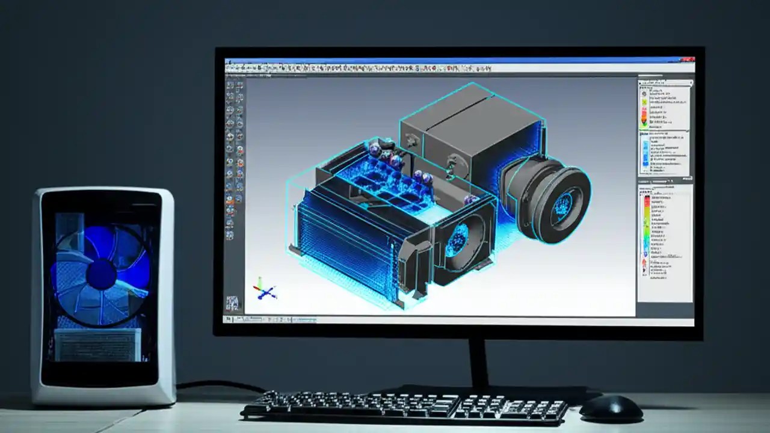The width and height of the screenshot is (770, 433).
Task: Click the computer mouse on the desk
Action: (x=611, y=409)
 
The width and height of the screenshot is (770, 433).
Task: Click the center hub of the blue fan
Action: (x=101, y=274)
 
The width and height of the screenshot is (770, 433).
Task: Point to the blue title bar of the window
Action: (x=457, y=60)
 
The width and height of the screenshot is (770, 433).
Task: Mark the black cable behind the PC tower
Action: (x=217, y=384)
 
